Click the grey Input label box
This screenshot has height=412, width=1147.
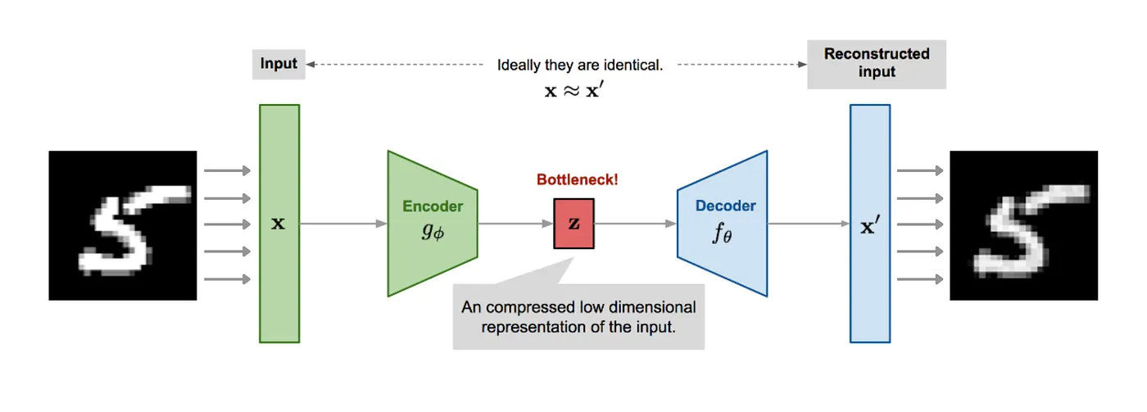coord(279,64)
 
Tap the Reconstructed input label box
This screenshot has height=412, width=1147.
coord(877,64)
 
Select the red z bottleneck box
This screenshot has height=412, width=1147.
coord(573,223)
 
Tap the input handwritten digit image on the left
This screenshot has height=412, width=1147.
coord(123,225)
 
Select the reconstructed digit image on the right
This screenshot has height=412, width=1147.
coord(1023,225)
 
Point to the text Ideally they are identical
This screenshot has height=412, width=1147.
coord(579,65)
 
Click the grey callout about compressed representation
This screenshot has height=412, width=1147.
coord(578,318)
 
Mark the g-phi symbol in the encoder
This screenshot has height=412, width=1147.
coord(432,231)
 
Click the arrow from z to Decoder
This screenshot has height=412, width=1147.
coord(636,223)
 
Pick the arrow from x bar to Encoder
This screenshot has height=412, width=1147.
coord(343,223)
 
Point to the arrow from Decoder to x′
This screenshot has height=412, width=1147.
coord(808,223)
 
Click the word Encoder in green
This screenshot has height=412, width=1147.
coord(433,206)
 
